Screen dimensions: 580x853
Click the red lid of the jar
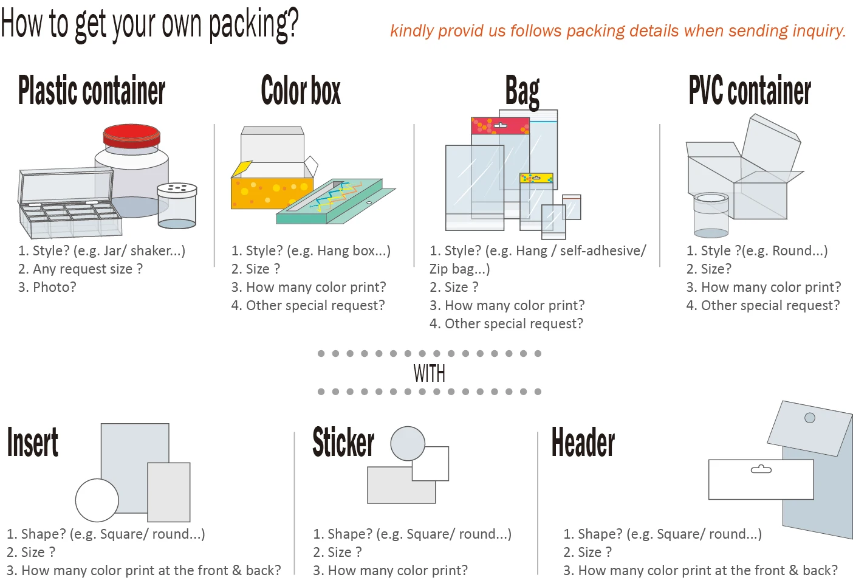131,135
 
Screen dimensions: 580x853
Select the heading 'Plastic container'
92,91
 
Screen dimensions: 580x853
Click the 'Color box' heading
301,91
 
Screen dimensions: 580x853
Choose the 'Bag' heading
522,92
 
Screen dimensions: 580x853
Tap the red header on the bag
500,126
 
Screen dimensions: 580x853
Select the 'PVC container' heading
750,91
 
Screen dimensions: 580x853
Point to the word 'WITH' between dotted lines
429,373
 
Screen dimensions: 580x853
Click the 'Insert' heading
33,442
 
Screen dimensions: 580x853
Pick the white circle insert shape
97,500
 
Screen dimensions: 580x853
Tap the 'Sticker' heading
343,442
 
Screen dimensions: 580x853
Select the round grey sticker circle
407,443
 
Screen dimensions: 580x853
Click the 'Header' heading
583,442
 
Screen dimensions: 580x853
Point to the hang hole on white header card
761,469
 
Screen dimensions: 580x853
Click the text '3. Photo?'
47,287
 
